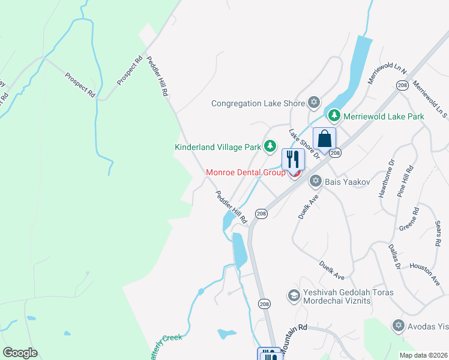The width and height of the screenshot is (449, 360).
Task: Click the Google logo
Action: (x=20, y=353)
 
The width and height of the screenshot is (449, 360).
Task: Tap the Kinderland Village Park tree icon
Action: (x=270, y=146)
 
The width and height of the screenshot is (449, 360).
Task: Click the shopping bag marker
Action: (x=324, y=140)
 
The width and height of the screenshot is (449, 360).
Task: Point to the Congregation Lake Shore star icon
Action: (x=313, y=103)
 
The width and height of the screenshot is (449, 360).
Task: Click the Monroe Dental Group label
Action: (x=245, y=172)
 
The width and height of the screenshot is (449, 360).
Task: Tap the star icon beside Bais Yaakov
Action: (x=315, y=181)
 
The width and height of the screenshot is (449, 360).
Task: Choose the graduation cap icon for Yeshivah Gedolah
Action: (x=294, y=295)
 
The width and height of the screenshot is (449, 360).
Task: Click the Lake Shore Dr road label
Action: (x=301, y=144)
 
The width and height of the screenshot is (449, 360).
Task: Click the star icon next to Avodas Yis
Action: (x=397, y=325)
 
